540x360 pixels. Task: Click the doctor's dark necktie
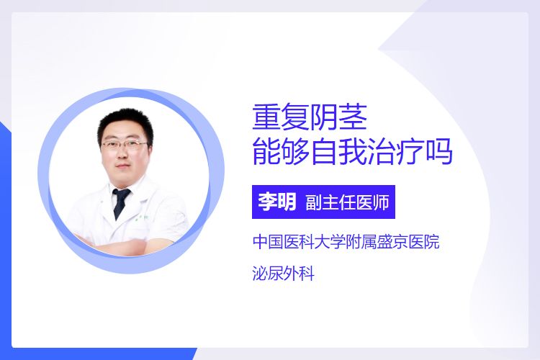(120, 202)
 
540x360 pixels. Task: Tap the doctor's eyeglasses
(125, 144)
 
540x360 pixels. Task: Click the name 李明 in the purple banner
(277, 202)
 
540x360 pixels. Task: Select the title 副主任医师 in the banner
(347, 202)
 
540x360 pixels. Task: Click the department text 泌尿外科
(283, 274)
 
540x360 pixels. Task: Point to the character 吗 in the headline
(438, 152)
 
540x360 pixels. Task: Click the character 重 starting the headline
(266, 117)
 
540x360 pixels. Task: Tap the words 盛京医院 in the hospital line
(408, 242)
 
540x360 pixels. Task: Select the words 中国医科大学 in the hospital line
(299, 242)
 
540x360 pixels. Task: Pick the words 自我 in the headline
(338, 152)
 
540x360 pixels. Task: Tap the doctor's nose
(122, 153)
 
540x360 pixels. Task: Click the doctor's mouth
(123, 166)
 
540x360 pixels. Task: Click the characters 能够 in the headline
(281, 152)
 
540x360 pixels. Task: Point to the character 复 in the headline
(295, 117)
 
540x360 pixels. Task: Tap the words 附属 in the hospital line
(361, 242)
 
